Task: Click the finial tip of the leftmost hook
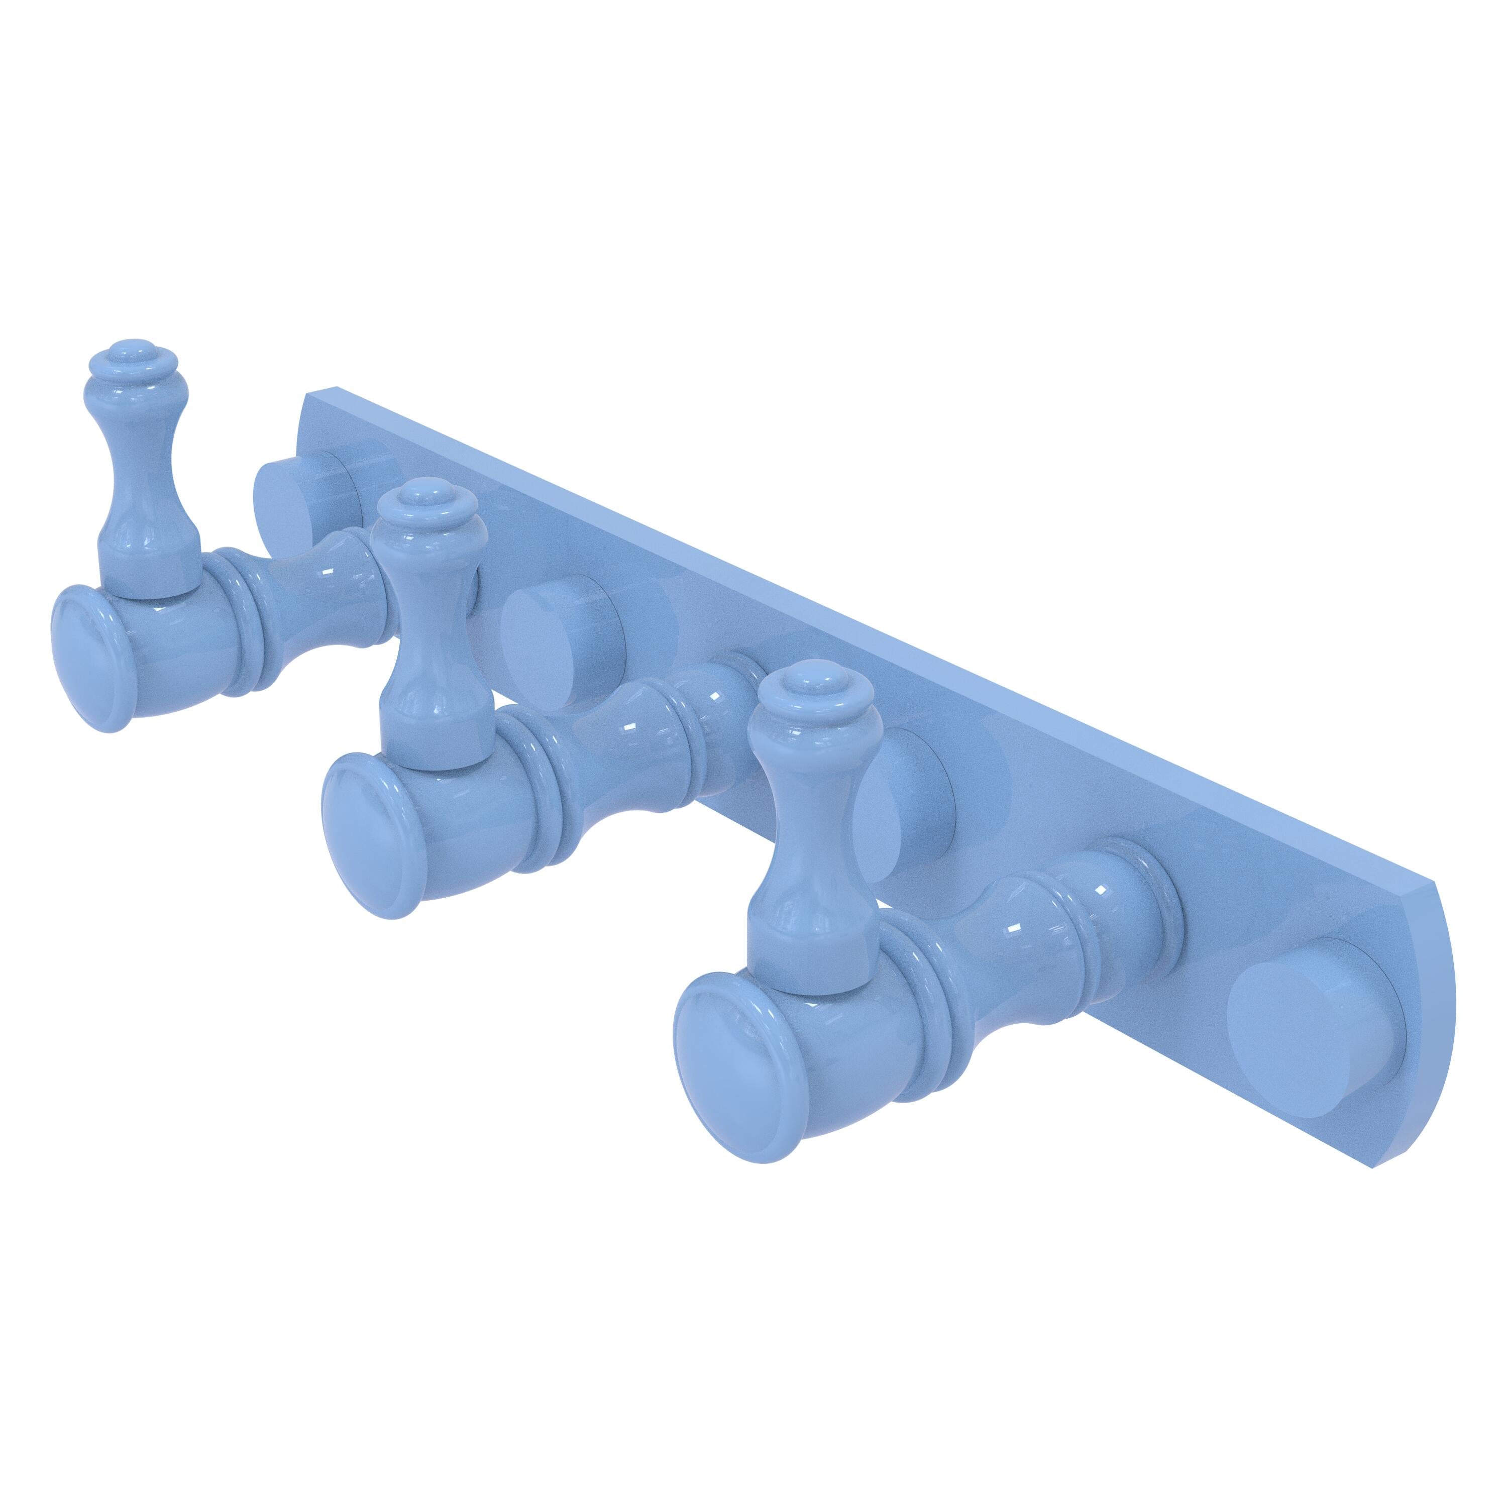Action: click(x=141, y=349)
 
